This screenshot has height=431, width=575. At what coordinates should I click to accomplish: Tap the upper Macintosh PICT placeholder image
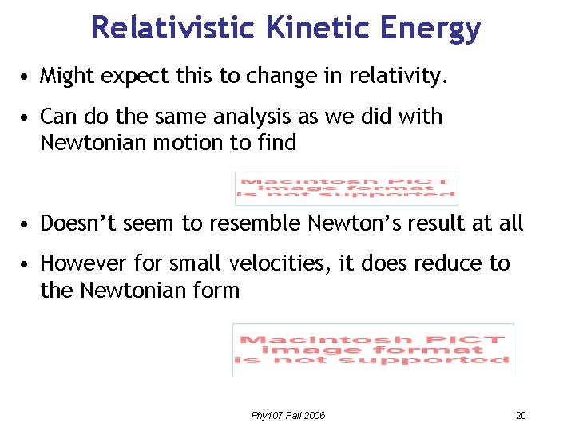[346, 188]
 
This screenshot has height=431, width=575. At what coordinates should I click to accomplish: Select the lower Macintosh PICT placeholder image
[373, 350]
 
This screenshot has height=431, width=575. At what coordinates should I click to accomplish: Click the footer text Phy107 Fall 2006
[288, 416]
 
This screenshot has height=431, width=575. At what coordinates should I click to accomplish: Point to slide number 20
[521, 416]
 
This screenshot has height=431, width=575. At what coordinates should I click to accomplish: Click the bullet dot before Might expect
[27, 78]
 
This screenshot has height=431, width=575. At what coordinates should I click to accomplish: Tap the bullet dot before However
[27, 265]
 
